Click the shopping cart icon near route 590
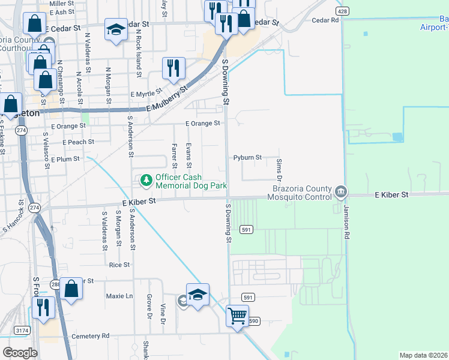(x=238, y=314)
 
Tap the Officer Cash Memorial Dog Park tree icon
(x=146, y=180)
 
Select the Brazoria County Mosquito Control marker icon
(x=340, y=192)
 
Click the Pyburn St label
(x=248, y=158)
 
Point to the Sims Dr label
(x=279, y=170)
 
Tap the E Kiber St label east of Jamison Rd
(x=391, y=195)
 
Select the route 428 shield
(x=342, y=11)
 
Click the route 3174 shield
(x=22, y=330)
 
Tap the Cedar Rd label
(x=326, y=20)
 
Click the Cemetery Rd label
(x=90, y=336)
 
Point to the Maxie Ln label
(x=119, y=296)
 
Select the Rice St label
(x=119, y=265)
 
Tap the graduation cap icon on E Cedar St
(x=115, y=29)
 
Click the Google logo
(x=20, y=353)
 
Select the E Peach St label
(x=79, y=142)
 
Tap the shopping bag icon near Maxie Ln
(x=71, y=289)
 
